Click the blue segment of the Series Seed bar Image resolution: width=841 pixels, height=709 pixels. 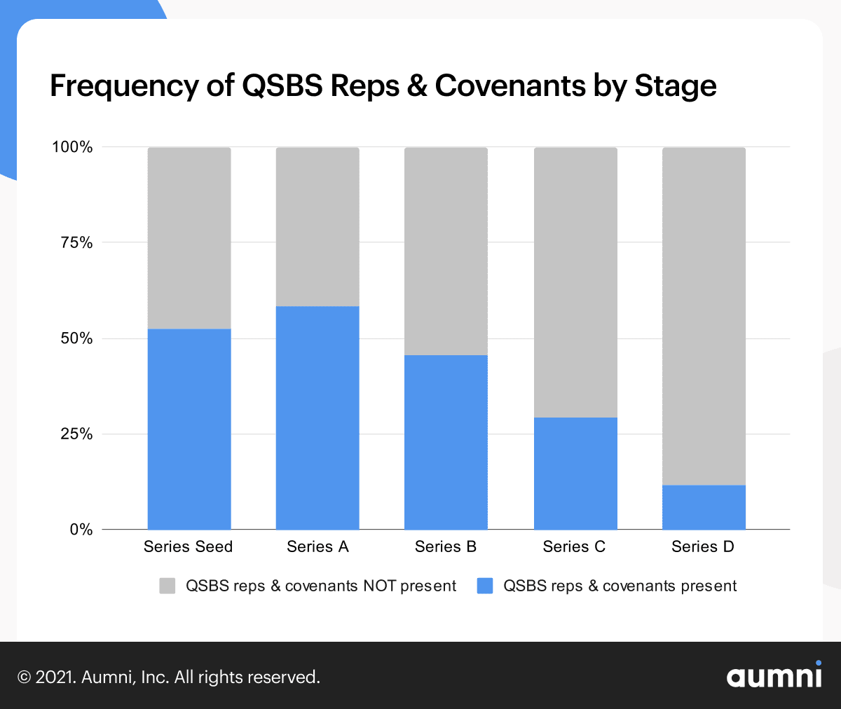[189, 429]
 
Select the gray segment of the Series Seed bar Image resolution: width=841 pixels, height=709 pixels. [189, 238]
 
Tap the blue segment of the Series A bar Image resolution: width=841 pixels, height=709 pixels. [317, 418]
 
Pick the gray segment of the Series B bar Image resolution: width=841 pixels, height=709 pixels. [446, 251]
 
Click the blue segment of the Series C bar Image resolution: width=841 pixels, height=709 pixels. [575, 473]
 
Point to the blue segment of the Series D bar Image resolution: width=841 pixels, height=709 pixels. [704, 507]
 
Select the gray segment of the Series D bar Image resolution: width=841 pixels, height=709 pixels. [704, 316]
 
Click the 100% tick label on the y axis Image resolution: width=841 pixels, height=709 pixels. [72, 147]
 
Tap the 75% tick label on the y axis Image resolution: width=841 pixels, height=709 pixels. [76, 243]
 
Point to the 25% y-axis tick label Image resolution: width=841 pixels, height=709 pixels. [76, 434]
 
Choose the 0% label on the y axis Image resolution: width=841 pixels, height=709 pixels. [81, 530]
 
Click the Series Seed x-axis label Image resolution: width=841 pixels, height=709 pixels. [188, 546]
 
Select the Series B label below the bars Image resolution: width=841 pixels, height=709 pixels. [446, 546]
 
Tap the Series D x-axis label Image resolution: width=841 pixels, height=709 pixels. [703, 546]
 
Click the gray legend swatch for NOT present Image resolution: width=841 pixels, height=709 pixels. [167, 586]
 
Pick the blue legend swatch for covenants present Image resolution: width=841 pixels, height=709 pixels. [485, 586]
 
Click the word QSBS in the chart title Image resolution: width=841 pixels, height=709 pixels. [282, 86]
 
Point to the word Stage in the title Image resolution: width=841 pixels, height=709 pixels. [675, 86]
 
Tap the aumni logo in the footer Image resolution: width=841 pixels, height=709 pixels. [774, 675]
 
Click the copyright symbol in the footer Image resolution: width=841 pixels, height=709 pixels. [25, 677]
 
